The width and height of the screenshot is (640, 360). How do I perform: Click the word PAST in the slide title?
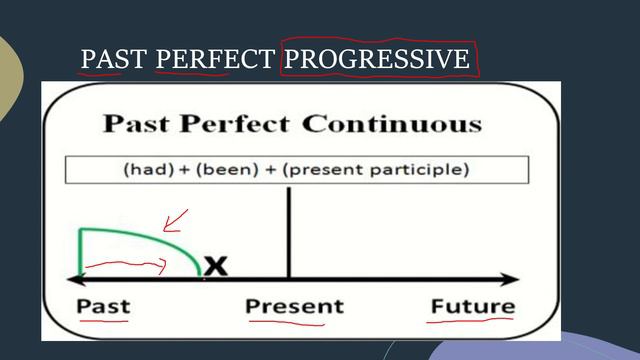click(114, 59)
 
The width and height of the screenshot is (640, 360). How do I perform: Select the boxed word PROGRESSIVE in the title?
click(376, 59)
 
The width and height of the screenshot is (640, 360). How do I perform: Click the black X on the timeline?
click(215, 266)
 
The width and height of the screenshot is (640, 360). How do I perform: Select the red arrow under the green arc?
click(125, 265)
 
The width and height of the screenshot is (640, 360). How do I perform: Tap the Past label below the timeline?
click(104, 306)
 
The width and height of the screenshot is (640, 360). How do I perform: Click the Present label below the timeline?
click(294, 306)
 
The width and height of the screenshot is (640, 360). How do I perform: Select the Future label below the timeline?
click(473, 306)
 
